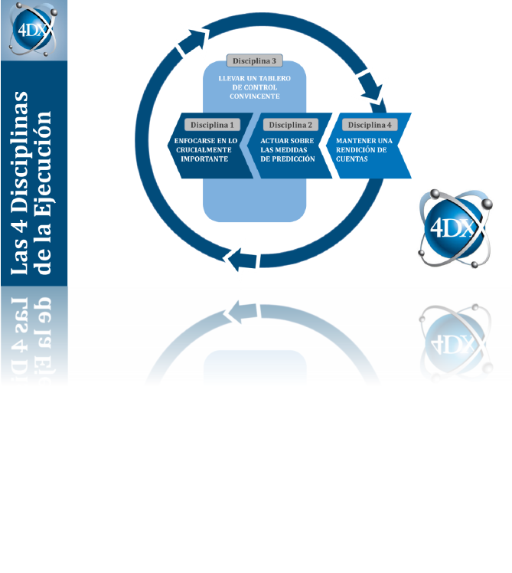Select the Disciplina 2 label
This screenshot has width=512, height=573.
289,124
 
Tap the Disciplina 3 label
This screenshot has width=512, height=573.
253,61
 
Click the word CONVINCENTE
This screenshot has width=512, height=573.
254,97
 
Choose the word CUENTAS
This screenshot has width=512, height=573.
352,159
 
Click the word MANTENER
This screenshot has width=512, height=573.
354,141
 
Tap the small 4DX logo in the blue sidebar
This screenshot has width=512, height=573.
34,31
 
